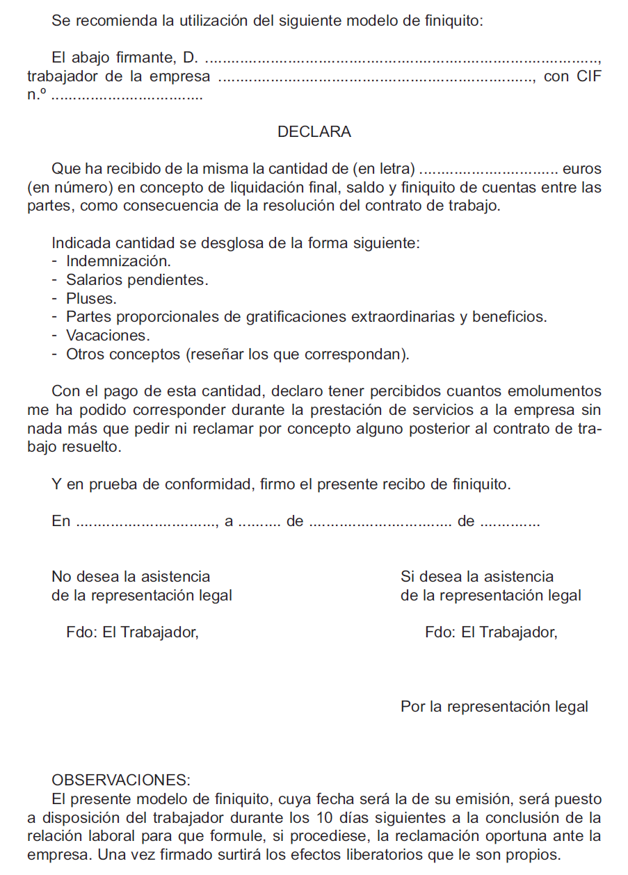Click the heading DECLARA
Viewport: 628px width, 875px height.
point(314,132)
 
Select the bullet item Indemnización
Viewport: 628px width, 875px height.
point(118,261)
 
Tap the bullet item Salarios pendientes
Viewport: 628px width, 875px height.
point(137,280)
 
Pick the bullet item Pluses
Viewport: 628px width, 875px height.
point(91,299)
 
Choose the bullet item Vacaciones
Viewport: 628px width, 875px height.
point(108,336)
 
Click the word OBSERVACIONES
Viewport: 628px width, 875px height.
point(120,780)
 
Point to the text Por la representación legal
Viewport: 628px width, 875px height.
point(494,707)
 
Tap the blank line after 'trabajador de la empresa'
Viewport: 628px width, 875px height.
point(376,79)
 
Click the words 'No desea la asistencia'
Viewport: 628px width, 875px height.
point(131,577)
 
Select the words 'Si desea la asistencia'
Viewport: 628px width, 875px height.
point(477,577)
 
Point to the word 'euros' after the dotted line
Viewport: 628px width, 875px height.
point(581,169)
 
